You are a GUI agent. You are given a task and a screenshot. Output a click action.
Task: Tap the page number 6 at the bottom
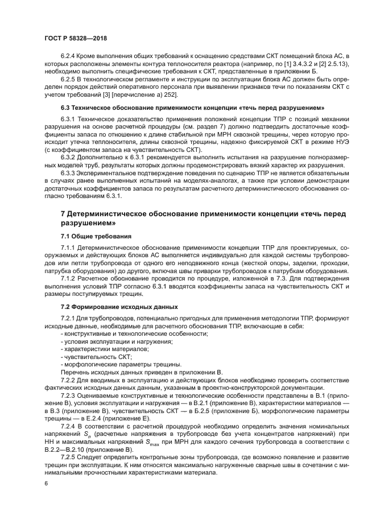(46, 482)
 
